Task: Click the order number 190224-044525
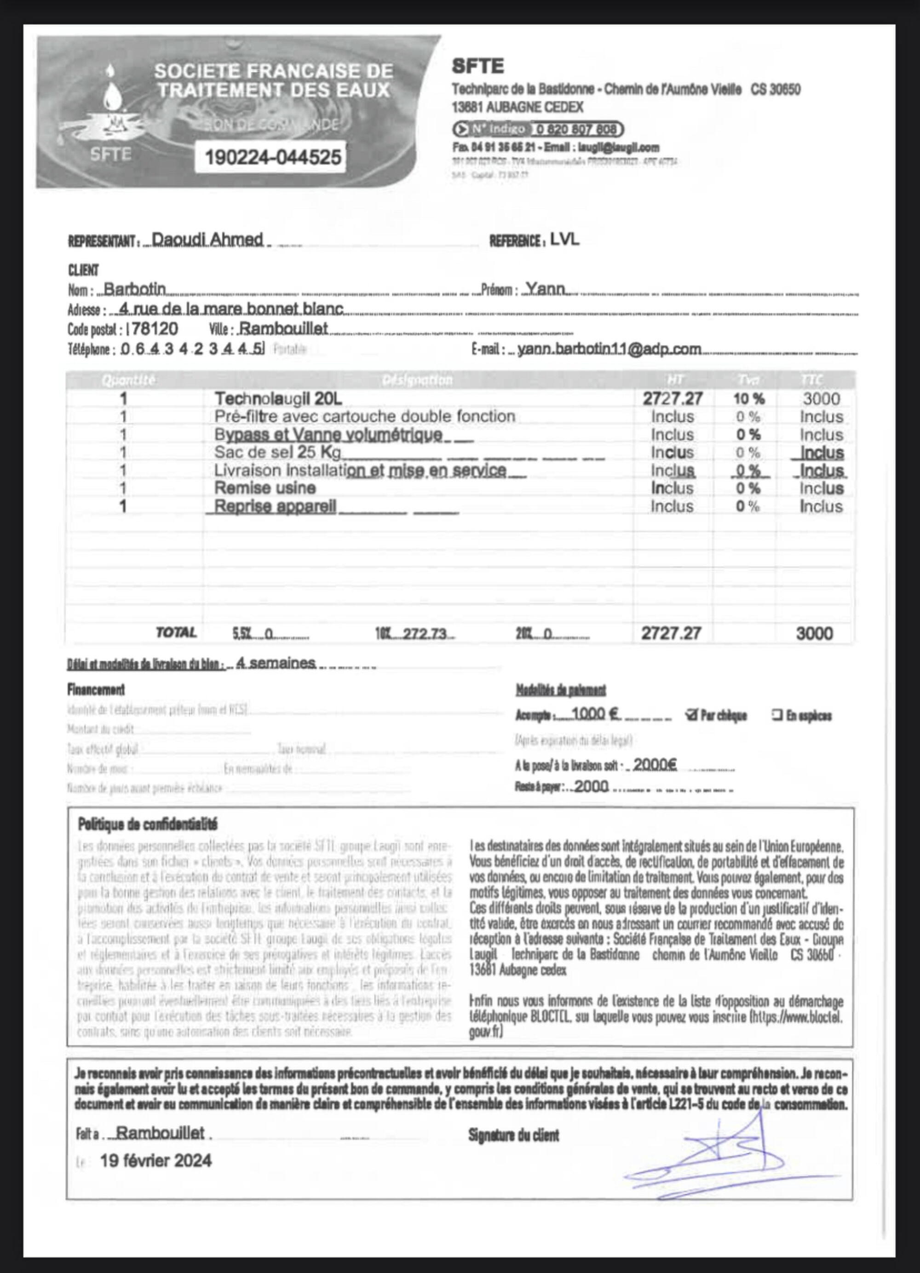point(273,157)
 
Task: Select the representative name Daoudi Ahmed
point(207,240)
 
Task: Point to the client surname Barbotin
point(135,289)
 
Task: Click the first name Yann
point(545,289)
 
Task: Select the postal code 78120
point(155,328)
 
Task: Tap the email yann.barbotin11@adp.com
point(609,349)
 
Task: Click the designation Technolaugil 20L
point(278,399)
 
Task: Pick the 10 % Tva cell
point(748,399)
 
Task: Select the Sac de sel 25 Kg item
point(278,453)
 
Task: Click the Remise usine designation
point(265,488)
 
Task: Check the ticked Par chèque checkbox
point(691,715)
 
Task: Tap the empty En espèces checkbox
point(777,715)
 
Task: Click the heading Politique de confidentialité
point(147,825)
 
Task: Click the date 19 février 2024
point(156,1160)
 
